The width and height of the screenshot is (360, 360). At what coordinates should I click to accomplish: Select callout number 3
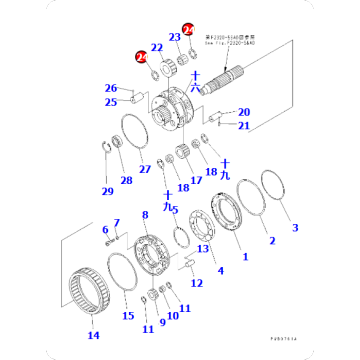295,228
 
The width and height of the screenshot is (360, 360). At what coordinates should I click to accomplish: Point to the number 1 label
244,257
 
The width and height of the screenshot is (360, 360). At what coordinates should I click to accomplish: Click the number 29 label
108,190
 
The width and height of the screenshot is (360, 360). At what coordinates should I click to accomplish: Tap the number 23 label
174,38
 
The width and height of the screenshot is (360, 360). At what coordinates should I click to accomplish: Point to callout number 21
245,126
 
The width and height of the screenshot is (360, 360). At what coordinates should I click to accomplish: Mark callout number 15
127,317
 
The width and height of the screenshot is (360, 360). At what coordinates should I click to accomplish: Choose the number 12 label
196,284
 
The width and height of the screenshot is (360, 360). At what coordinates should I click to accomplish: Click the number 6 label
105,230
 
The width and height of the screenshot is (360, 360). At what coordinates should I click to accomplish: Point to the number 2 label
269,240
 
